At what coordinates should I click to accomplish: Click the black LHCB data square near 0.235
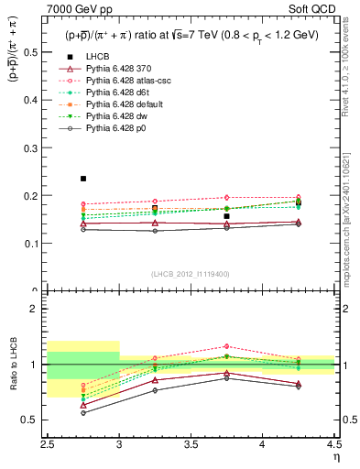tap(83, 179)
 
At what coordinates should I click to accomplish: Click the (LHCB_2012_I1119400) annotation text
tap(190, 274)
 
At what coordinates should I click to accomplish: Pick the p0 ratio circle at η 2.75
tap(83, 412)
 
